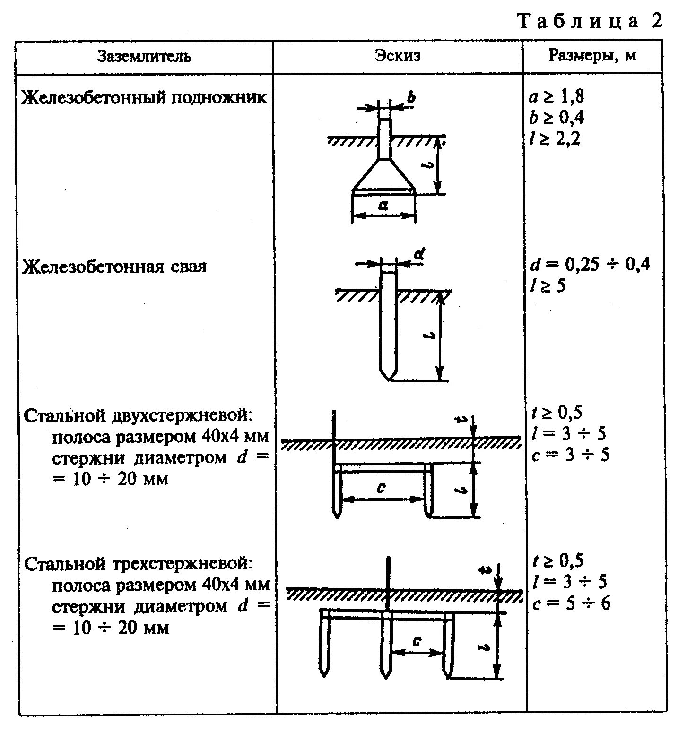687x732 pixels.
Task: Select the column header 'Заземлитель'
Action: (x=145, y=57)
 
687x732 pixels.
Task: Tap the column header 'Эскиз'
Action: (x=398, y=56)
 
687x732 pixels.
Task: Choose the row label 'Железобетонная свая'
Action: (x=115, y=267)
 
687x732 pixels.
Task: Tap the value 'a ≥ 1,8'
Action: (x=557, y=96)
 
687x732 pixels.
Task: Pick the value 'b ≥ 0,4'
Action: (x=557, y=117)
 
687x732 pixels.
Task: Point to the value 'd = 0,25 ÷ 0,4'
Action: (x=590, y=265)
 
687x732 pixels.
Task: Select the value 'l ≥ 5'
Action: (x=548, y=286)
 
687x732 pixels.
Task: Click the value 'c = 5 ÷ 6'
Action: (x=571, y=603)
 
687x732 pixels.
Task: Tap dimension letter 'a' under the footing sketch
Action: (x=383, y=205)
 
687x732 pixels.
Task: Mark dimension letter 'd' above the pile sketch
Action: (x=419, y=255)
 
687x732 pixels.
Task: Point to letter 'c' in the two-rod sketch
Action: (x=381, y=488)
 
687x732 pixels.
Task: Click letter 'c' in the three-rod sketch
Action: (x=417, y=641)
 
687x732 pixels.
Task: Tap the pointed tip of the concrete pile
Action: (x=389, y=379)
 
